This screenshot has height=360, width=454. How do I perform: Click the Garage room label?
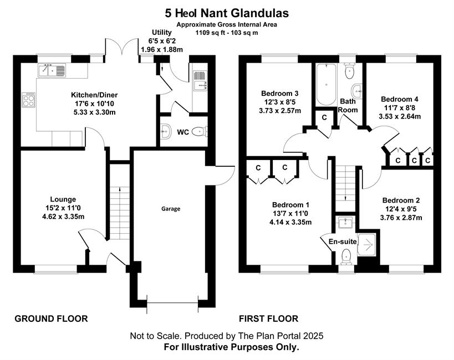tap(171, 209)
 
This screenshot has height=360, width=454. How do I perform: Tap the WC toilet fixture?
tap(200, 132)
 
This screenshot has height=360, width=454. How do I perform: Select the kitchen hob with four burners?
tap(29, 100)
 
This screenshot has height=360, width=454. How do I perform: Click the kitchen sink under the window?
tap(52, 70)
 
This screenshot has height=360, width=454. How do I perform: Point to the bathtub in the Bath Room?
tap(326, 85)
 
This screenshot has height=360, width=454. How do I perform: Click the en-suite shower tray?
tap(366, 245)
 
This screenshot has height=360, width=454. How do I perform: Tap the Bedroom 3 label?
tap(280, 94)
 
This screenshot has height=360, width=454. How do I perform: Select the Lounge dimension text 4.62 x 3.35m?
tap(63, 217)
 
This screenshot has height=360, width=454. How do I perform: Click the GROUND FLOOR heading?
tap(51, 318)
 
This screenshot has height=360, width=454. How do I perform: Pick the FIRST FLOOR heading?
tap(268, 318)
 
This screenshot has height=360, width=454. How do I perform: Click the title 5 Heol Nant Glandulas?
tap(227, 13)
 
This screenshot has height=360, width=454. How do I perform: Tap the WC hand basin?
tap(165, 132)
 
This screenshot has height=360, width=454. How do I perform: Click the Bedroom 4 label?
tap(400, 99)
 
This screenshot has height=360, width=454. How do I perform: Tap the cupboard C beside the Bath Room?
tap(324, 117)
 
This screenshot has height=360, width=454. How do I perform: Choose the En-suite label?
tap(343, 241)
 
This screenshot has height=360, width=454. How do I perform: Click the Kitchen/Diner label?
tap(94, 95)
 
